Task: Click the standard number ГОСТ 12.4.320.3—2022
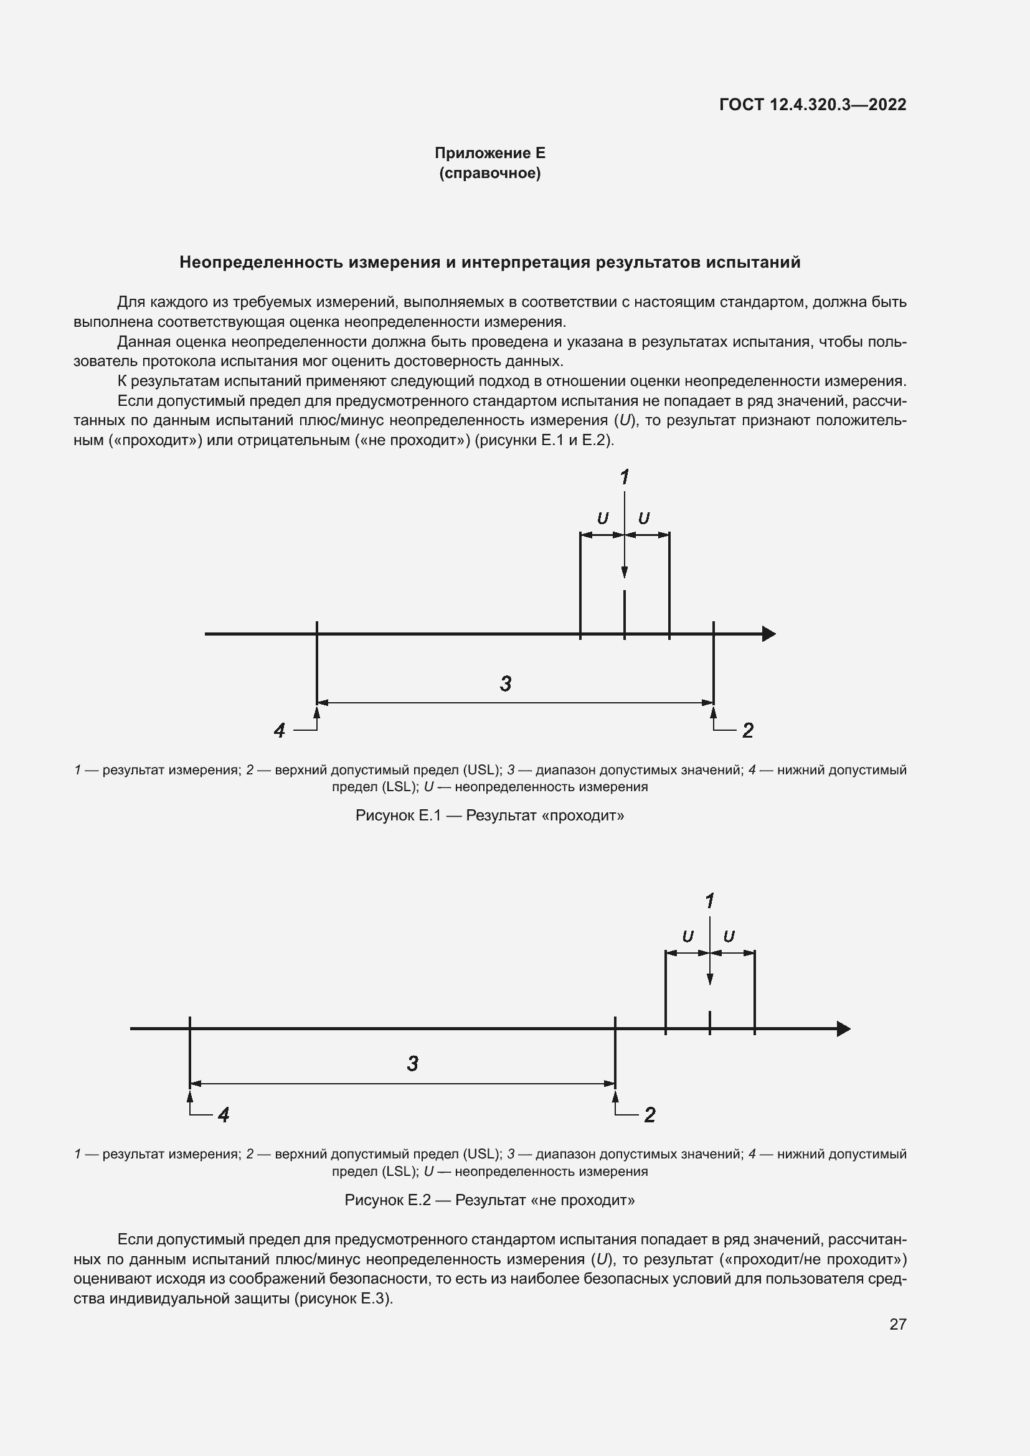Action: pyautogui.click(x=813, y=105)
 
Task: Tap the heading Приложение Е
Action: pyautogui.click(x=489, y=153)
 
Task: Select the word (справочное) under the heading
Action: pyautogui.click(x=489, y=173)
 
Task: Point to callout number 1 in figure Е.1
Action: pyautogui.click(x=625, y=477)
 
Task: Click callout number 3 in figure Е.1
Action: pyautogui.click(x=506, y=683)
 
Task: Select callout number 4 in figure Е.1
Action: pyautogui.click(x=280, y=731)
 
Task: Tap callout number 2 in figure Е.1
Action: pyautogui.click(x=748, y=731)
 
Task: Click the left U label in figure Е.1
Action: pyautogui.click(x=603, y=519)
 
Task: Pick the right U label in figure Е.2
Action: pyautogui.click(x=729, y=937)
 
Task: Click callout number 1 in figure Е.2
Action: pyautogui.click(x=710, y=901)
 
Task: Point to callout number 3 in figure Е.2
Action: pyautogui.click(x=413, y=1063)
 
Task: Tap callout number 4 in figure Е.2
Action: pyautogui.click(x=224, y=1114)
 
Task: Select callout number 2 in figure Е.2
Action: pyautogui.click(x=650, y=1114)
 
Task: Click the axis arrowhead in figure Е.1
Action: pyautogui.click(x=768, y=634)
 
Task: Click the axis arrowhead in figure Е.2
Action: pyautogui.click(x=844, y=1028)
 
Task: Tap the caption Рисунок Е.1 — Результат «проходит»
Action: pyautogui.click(x=489, y=815)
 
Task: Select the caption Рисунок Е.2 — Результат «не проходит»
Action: pyautogui.click(x=489, y=1200)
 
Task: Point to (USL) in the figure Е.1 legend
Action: pyautogui.click(x=482, y=770)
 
